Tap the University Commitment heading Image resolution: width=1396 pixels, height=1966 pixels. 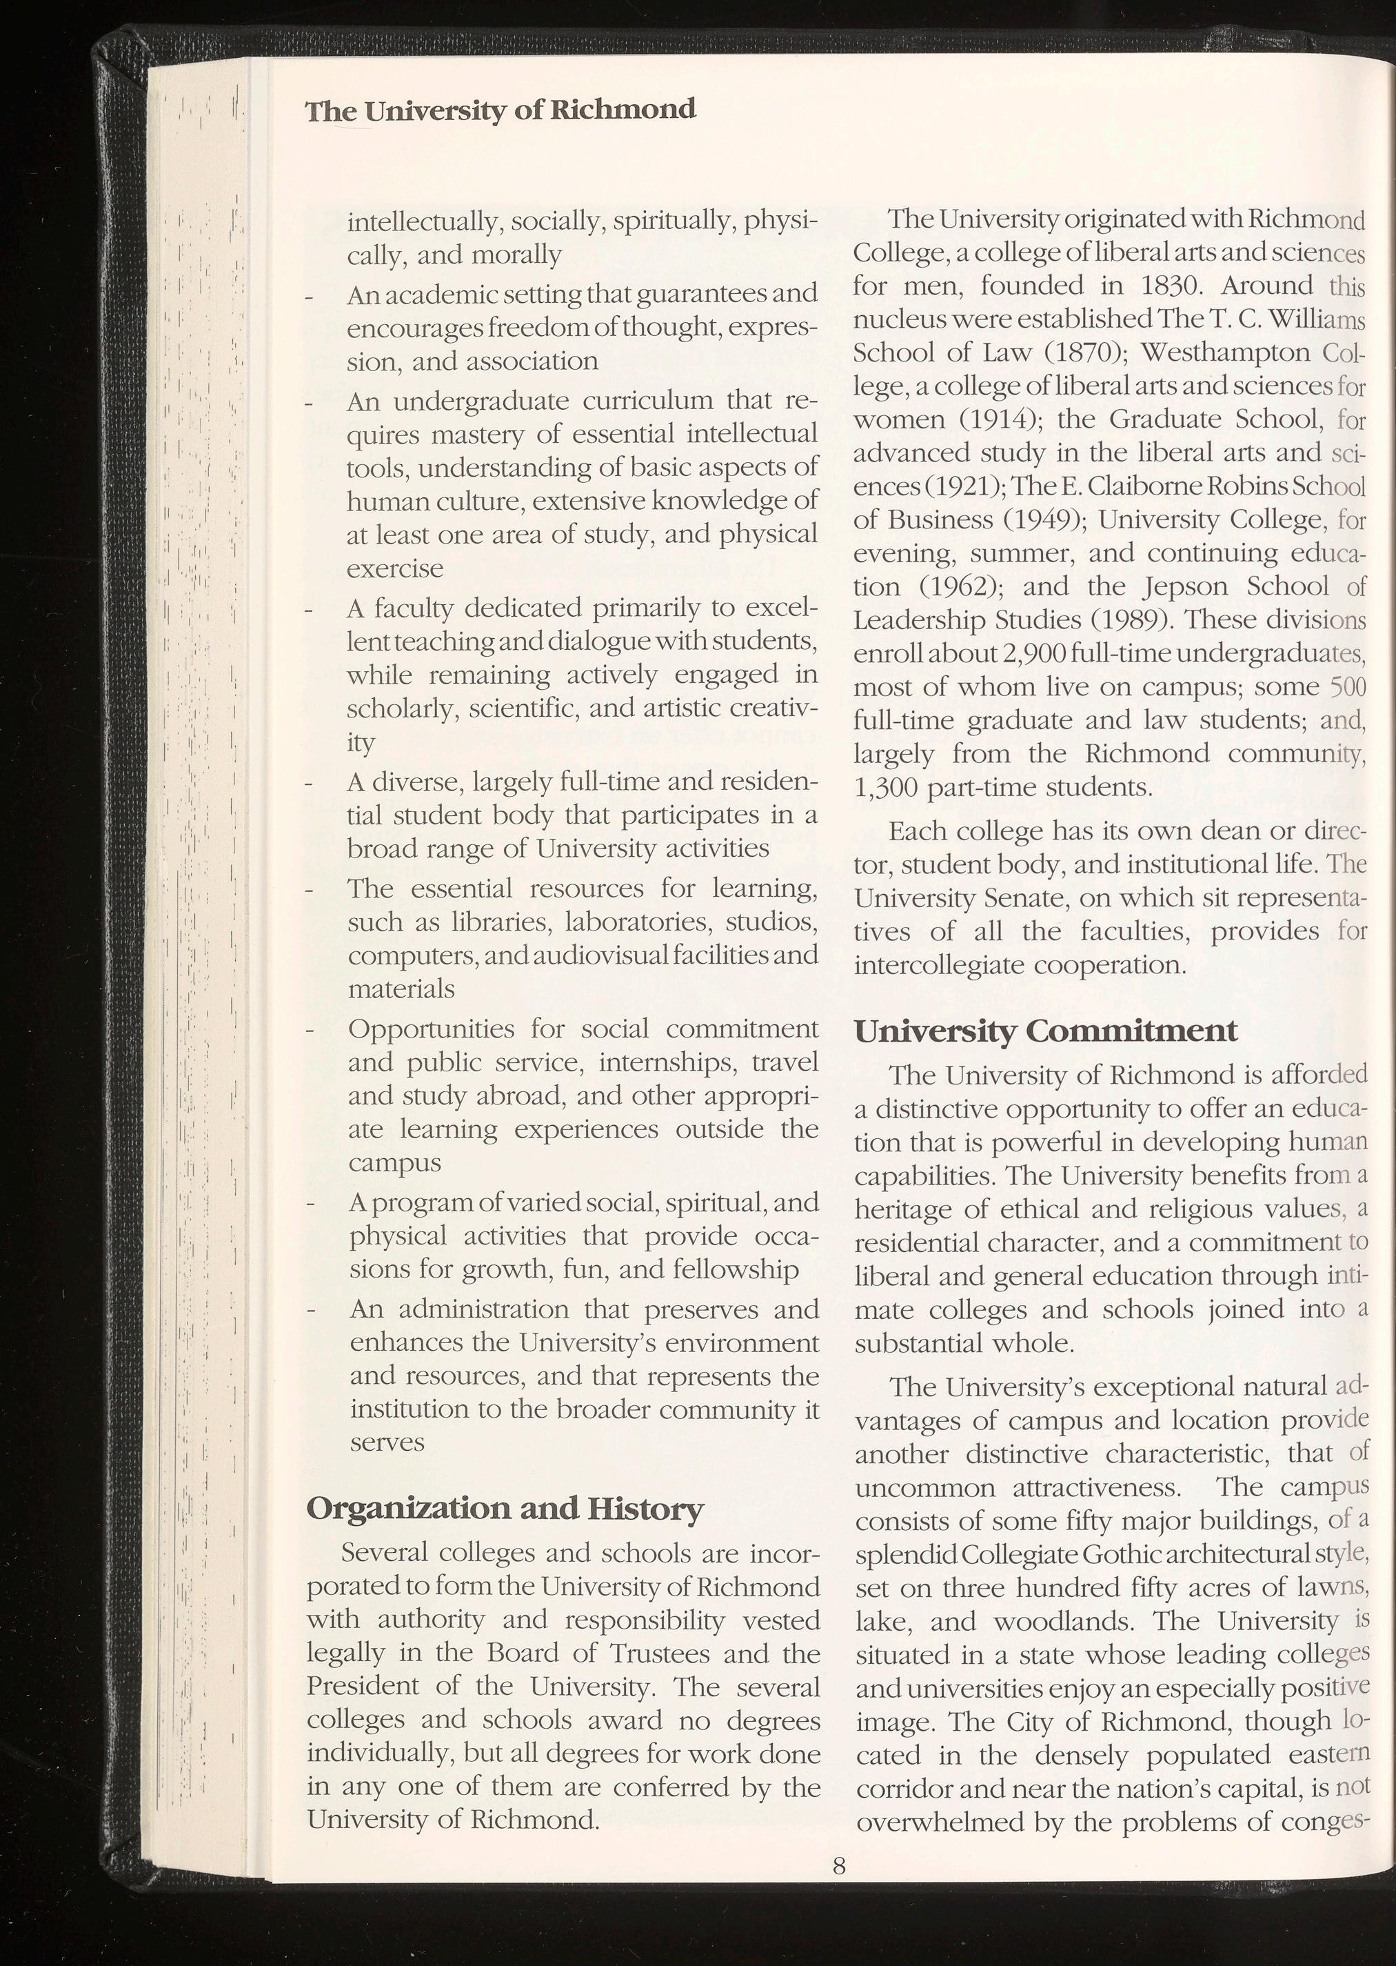[x=1045, y=1031]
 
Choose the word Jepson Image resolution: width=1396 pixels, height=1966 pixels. [x=1192, y=586]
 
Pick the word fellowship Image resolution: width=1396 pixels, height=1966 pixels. [x=729, y=1269]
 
